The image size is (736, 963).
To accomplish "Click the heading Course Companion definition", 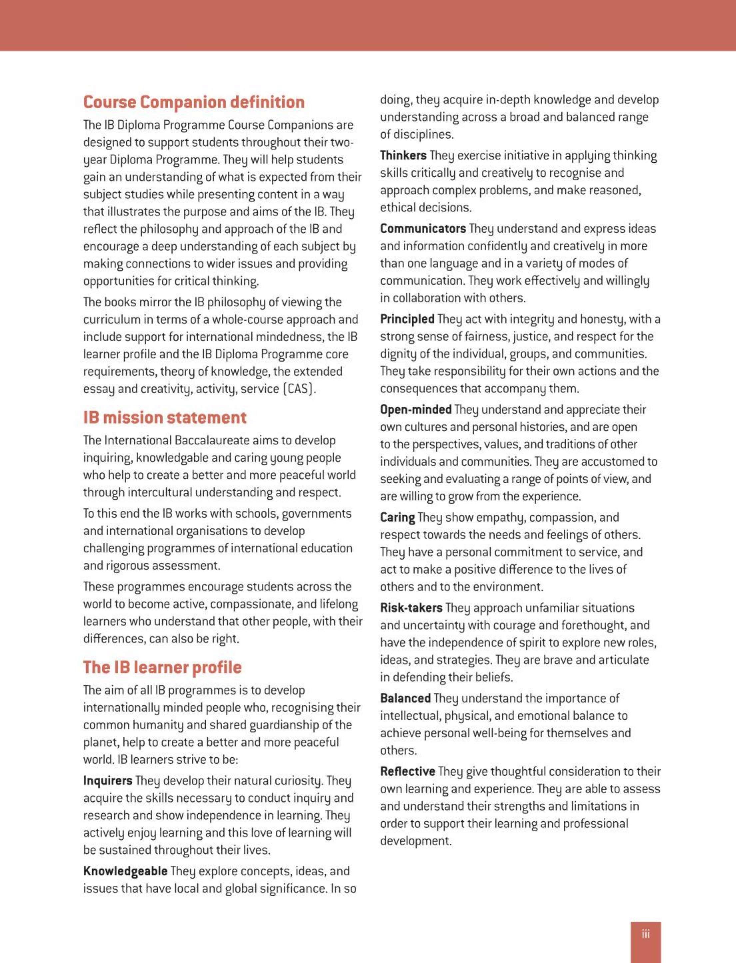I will click(x=193, y=102).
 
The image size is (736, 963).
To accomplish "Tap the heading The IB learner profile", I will click(x=162, y=667).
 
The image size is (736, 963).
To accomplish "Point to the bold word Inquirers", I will click(x=108, y=781).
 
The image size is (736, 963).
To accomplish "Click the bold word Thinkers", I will click(x=403, y=156).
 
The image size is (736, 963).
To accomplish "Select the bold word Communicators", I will click(x=423, y=229).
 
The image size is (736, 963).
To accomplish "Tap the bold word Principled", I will click(x=407, y=319).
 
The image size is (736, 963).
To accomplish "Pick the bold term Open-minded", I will click(x=416, y=410).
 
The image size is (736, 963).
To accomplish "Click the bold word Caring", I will click(x=397, y=518).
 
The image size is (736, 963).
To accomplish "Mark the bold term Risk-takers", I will click(x=411, y=608).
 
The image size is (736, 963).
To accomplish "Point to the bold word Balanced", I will click(x=405, y=698).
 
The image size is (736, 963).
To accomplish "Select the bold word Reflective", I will click(x=407, y=771).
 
